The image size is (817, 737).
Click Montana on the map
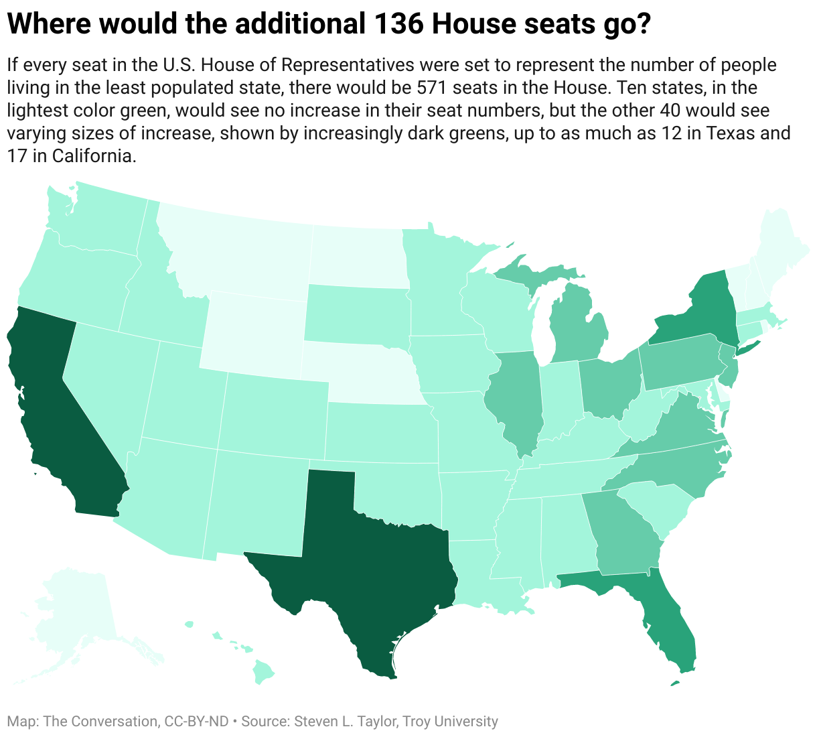tap(234, 255)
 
